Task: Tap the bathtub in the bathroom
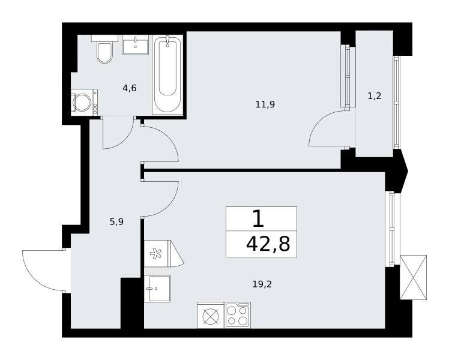click(x=167, y=74)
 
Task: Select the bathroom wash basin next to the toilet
click(x=136, y=44)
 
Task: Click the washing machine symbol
click(x=84, y=102)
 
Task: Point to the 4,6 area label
click(x=130, y=88)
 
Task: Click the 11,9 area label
click(x=265, y=104)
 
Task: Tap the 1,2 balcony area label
click(x=374, y=96)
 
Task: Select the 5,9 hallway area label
click(x=116, y=221)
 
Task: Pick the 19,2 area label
click(x=262, y=284)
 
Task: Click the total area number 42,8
click(x=268, y=244)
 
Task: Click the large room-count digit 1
click(x=258, y=218)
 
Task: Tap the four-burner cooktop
click(x=237, y=315)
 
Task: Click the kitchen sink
click(x=157, y=289)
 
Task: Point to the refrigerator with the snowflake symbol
click(x=164, y=254)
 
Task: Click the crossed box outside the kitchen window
click(x=413, y=277)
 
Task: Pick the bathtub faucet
click(x=167, y=41)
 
